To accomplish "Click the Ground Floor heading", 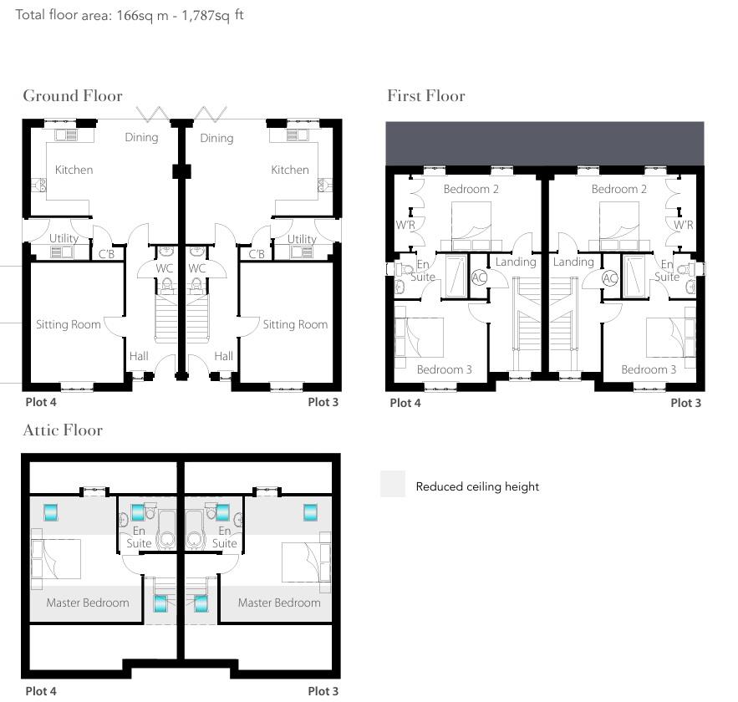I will [x=73, y=96].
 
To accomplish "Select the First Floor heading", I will [x=425, y=96].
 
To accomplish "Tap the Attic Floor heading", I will [x=63, y=430].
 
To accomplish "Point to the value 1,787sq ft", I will [x=213, y=15].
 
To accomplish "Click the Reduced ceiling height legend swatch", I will [x=393, y=485].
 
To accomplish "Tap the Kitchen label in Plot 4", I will [x=74, y=170].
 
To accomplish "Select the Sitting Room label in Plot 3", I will [x=295, y=324].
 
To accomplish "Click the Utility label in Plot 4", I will [x=64, y=238].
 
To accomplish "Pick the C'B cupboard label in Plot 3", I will [x=257, y=254].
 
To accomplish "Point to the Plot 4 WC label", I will [x=165, y=268].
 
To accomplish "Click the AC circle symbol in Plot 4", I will [x=479, y=277].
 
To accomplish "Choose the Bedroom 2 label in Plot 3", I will [x=618, y=189].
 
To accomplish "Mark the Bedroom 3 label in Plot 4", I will [x=445, y=369].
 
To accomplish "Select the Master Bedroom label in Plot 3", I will [x=279, y=603].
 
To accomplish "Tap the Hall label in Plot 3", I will [x=223, y=356].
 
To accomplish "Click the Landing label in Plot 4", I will [x=515, y=262].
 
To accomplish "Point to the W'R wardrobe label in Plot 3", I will [x=684, y=225].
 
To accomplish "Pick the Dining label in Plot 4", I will [x=141, y=137].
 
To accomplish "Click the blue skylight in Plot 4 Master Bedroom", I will [x=51, y=512].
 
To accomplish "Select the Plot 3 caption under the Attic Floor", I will [x=323, y=691].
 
